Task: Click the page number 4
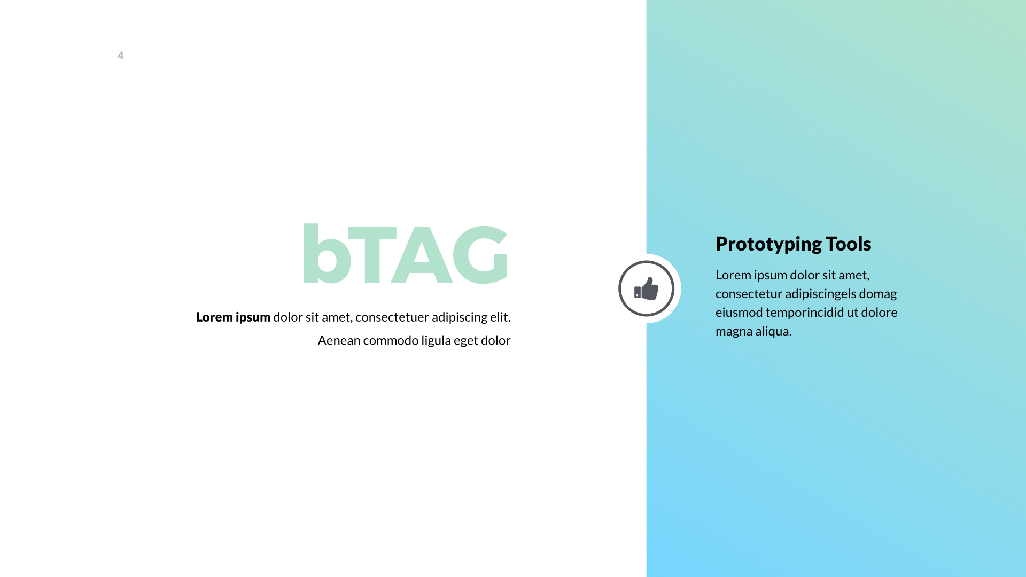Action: click(x=121, y=56)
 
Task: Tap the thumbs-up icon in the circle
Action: click(x=647, y=288)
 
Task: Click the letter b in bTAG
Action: click(x=326, y=254)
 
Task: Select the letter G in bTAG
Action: click(x=480, y=254)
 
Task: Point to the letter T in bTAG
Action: click(x=372, y=254)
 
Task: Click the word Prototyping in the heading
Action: click(x=768, y=244)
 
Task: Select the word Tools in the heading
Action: click(x=848, y=244)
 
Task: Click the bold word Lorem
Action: click(x=214, y=317)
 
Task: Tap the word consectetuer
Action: click(x=392, y=317)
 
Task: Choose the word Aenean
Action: click(x=339, y=340)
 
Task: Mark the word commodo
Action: click(x=391, y=340)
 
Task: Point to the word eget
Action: click(x=466, y=341)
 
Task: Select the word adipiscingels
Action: click(x=820, y=294)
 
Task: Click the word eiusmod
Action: click(x=739, y=313)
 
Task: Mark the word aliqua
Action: click(x=773, y=331)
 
